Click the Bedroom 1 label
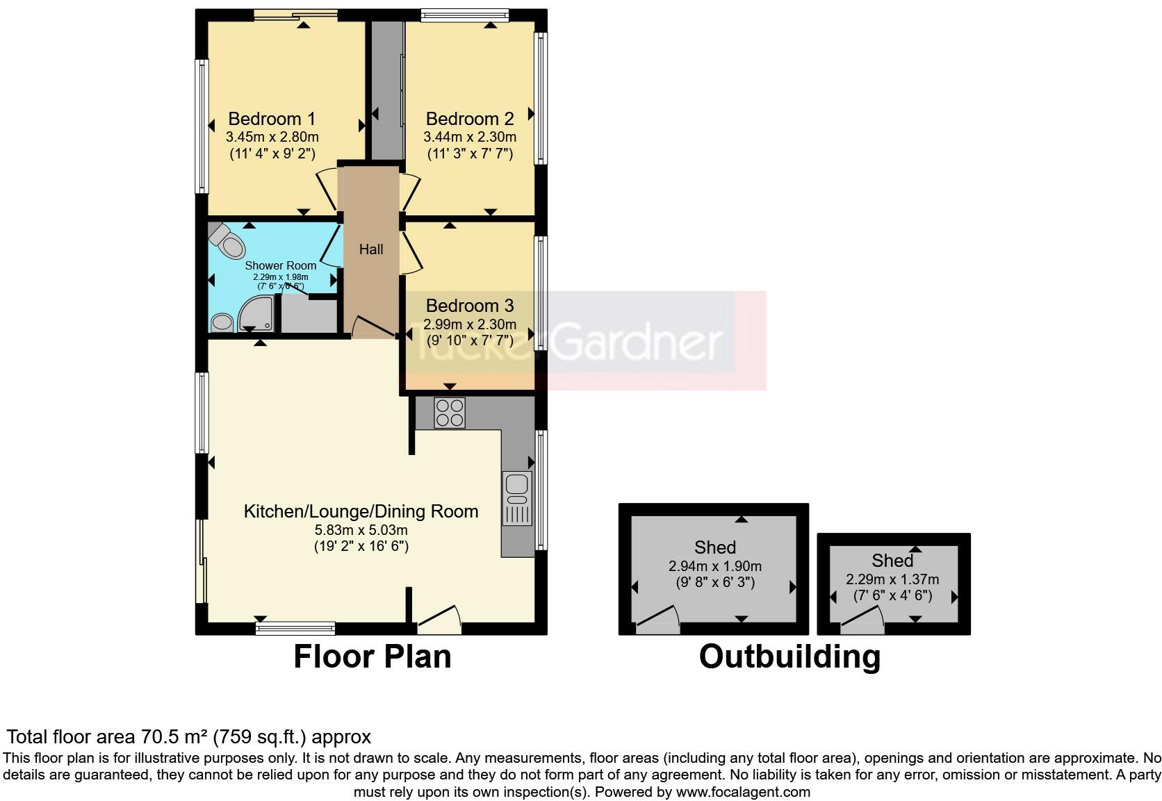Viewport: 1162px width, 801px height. coord(272,119)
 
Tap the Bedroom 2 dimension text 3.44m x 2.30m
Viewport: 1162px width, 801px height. coord(470,137)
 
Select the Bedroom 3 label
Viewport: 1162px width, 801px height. coord(470,306)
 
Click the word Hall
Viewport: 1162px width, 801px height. coord(371,249)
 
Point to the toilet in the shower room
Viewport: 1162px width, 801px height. coord(227,240)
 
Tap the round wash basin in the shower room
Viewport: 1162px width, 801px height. coord(222,322)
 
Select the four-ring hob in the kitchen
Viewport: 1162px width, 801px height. coord(450,412)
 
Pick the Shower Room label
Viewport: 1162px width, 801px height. coord(280,265)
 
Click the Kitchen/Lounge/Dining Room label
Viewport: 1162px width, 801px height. coord(361,512)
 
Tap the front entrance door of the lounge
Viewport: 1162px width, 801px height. coord(440,618)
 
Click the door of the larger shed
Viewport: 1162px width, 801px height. coord(658,618)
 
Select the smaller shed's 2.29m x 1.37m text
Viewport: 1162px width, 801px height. coord(892,579)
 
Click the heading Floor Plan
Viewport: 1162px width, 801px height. coord(373,657)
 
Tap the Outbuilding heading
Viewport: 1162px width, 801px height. coord(789,657)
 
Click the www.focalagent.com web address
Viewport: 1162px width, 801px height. coord(742,791)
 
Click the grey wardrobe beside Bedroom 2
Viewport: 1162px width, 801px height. coord(386,90)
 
